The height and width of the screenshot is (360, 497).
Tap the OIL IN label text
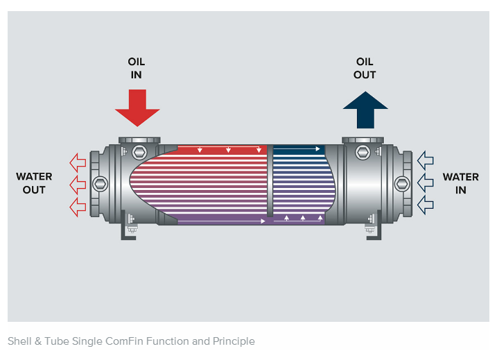(137, 68)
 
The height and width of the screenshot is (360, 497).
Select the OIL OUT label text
(365, 68)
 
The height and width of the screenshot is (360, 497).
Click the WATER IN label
(460, 183)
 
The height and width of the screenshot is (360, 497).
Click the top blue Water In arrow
(425, 162)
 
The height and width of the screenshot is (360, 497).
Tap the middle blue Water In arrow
(425, 183)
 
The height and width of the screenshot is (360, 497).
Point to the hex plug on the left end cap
(101, 184)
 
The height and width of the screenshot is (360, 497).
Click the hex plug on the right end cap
(400, 184)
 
